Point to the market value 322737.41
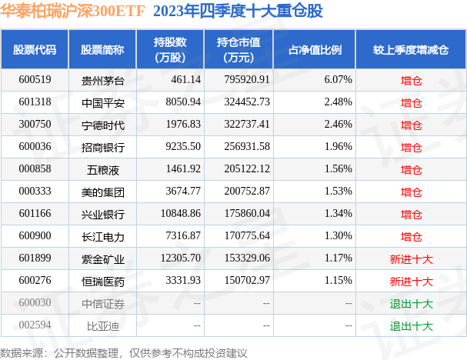click(243, 124)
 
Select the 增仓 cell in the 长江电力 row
click(412, 237)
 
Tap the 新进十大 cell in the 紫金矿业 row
click(412, 259)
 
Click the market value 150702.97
click(243, 282)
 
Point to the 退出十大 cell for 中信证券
click(412, 304)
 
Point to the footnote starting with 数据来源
click(124, 352)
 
